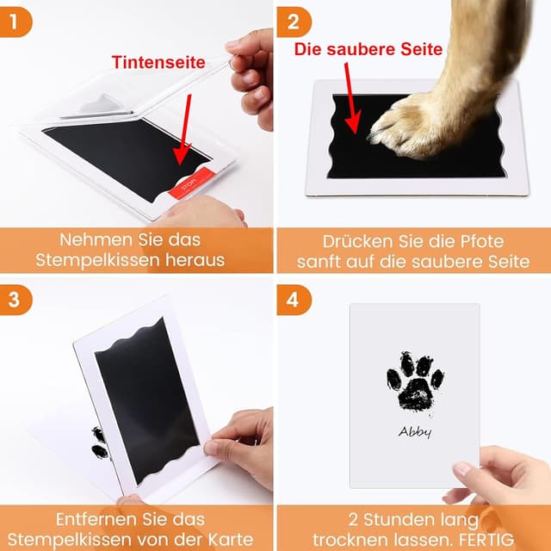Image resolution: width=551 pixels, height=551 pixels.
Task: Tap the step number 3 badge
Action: [x=16, y=299]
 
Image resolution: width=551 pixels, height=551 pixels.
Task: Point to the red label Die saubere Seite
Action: [x=368, y=50]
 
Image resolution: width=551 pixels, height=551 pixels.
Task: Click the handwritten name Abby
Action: [x=415, y=433]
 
